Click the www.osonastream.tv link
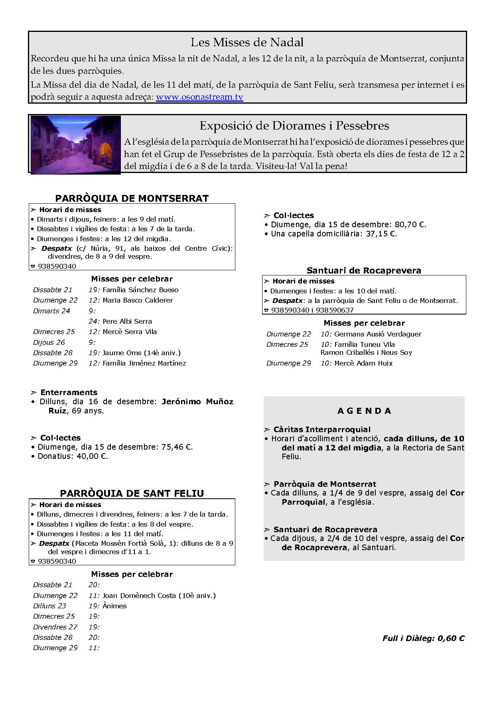click(x=199, y=97)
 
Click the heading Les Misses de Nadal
click(x=247, y=42)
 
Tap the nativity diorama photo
click(x=75, y=144)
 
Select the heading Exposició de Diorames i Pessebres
click(x=294, y=126)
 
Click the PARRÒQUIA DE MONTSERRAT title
click(x=132, y=198)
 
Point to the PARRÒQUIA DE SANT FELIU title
click(x=132, y=493)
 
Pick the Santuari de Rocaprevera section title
click(x=364, y=270)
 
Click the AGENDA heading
click(x=364, y=411)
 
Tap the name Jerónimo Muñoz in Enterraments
click(x=197, y=401)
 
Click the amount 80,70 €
click(x=410, y=224)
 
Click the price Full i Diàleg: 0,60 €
click(x=423, y=638)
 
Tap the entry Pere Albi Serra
click(x=127, y=321)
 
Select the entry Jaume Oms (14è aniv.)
click(x=141, y=352)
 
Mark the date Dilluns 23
click(x=49, y=606)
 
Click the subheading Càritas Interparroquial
click(x=322, y=429)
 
